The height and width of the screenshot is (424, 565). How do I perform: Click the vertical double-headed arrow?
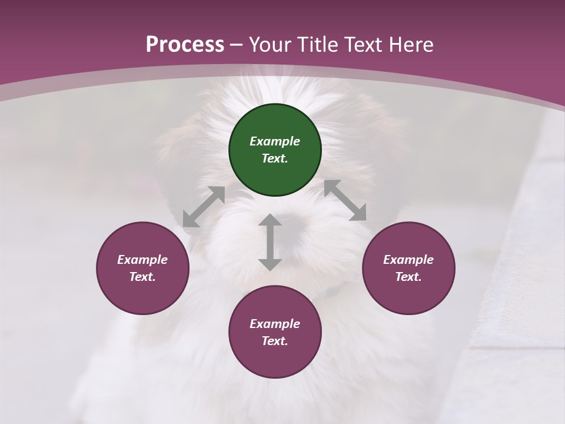[x=270, y=242]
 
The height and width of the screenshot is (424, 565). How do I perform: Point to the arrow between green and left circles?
[x=204, y=207]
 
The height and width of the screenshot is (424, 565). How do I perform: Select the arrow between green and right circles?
[x=345, y=200]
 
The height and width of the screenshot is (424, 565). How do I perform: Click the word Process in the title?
[x=185, y=44]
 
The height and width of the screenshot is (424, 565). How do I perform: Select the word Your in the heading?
[x=270, y=44]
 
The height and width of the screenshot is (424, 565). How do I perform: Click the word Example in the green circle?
[x=275, y=141]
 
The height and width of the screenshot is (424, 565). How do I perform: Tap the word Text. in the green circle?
[x=275, y=158]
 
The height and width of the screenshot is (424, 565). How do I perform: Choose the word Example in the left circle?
[x=142, y=260]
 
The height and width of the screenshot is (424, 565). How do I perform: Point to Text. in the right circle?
[x=408, y=277]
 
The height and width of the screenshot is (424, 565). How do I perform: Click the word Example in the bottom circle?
[x=275, y=324]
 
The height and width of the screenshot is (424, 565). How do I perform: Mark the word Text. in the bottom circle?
[x=275, y=341]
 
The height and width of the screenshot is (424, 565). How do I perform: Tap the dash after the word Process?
[x=237, y=45]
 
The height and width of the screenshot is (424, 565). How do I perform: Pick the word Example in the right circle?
[x=408, y=260]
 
